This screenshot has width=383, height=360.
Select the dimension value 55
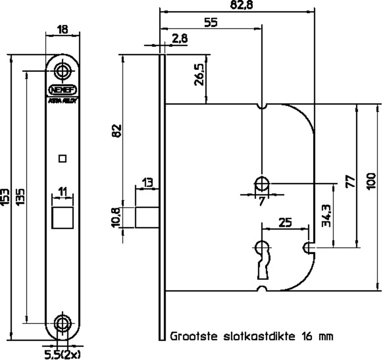[x=210, y=22]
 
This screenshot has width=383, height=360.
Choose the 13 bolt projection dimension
[x=147, y=182]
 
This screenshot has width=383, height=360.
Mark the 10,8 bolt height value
[x=116, y=217]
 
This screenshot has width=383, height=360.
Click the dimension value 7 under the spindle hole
[x=262, y=201]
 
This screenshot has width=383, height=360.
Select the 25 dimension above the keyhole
[x=285, y=222]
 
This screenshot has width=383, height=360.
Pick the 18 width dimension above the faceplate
[x=63, y=29]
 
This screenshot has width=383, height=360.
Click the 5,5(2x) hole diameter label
[x=63, y=354]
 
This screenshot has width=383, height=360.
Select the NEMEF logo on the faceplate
[x=63, y=90]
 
